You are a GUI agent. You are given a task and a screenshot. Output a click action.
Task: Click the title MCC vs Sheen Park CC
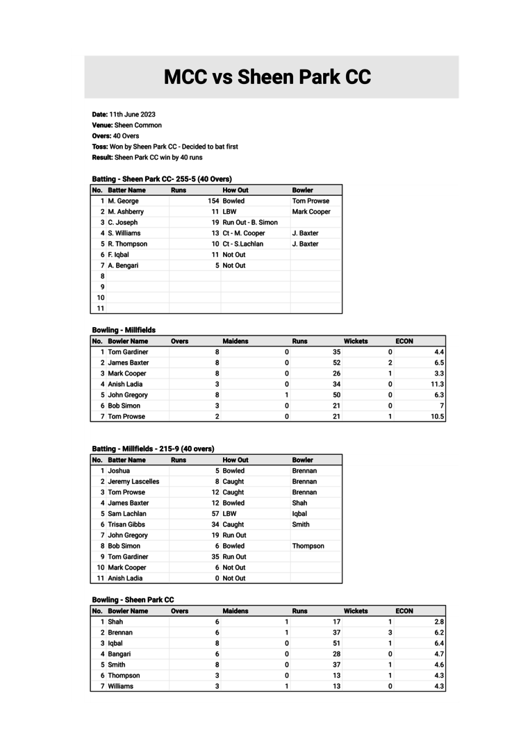[x=267, y=77]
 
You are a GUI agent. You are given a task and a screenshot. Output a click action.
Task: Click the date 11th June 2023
[x=132, y=115]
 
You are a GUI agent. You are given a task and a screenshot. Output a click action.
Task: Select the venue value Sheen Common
[x=138, y=125]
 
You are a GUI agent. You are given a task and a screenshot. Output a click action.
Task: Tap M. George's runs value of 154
[x=213, y=201]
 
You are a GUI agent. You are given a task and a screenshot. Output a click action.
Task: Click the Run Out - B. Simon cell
[x=250, y=222]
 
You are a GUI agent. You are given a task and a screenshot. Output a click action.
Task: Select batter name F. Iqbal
[x=118, y=255]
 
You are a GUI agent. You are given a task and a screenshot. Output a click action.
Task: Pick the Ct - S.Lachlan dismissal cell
[x=243, y=244]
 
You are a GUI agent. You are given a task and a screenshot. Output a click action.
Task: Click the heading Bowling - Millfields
[x=124, y=330]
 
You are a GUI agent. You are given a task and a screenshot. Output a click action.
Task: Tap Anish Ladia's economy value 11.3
[x=437, y=384]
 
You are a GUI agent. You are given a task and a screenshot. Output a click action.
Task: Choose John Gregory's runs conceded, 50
[x=336, y=395]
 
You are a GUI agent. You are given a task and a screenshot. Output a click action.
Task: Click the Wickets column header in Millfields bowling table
[x=356, y=341]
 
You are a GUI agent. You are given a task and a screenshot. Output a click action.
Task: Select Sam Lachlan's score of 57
[x=215, y=514]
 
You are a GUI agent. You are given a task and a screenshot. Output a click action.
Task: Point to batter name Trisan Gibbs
[x=126, y=524]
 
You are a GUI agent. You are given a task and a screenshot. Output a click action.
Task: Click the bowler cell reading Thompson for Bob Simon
[x=308, y=546]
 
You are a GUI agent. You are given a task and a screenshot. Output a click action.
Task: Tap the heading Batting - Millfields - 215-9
[x=153, y=449]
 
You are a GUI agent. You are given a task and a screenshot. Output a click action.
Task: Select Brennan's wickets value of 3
[x=390, y=633]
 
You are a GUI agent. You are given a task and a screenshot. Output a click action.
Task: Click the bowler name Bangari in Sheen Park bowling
[x=119, y=654]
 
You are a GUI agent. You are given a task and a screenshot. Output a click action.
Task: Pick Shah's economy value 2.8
[x=438, y=622]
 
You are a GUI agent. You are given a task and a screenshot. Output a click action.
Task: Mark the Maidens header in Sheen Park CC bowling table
[x=235, y=611]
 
